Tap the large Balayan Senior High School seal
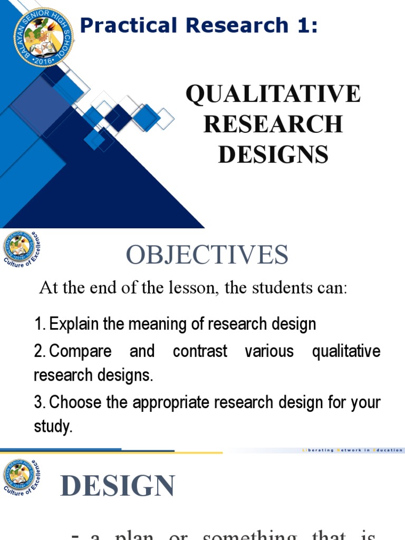[44, 37]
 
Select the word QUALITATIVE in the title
[273, 94]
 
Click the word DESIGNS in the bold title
[273, 155]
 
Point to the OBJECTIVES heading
[207, 255]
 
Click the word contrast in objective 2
[200, 351]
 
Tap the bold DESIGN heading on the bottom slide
[118, 486]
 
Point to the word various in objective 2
[269, 351]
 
